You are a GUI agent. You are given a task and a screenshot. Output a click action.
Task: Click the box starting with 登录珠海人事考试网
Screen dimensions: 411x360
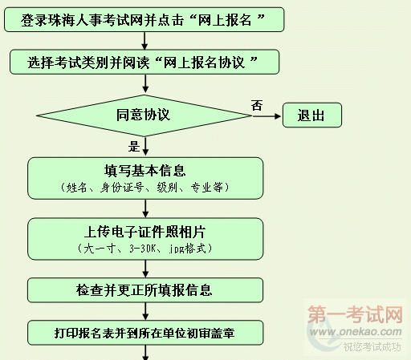[x=144, y=20]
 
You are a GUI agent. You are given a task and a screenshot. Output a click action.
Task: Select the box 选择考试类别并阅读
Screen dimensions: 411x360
[x=144, y=62]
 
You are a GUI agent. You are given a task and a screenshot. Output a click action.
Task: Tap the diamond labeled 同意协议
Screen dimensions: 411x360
[x=144, y=115]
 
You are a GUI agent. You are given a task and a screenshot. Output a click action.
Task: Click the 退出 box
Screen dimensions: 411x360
[x=312, y=115]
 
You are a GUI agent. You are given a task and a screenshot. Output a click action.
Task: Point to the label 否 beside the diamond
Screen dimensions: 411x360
[x=257, y=105]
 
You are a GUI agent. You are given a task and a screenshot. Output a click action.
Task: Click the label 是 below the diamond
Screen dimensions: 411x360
[x=134, y=147]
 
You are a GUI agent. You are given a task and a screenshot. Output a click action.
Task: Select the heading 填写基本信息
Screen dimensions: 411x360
[x=144, y=171]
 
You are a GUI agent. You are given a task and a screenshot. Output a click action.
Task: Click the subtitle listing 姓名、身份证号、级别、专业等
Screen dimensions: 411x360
[x=144, y=188]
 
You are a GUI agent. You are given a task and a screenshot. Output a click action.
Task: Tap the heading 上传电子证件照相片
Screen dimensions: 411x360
[x=144, y=232]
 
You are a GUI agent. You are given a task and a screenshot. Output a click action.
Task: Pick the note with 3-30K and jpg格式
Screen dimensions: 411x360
[x=144, y=249]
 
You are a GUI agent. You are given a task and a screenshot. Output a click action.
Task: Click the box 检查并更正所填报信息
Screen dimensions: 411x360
[x=145, y=290]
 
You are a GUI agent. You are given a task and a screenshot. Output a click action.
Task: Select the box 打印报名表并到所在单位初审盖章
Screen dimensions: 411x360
[x=145, y=333]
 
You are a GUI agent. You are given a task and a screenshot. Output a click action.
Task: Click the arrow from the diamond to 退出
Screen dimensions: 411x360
[x=267, y=116]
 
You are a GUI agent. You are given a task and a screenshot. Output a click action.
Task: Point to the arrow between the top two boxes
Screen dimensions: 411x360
[x=144, y=41]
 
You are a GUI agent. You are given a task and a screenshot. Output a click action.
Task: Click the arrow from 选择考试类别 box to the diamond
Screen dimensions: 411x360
[x=145, y=83]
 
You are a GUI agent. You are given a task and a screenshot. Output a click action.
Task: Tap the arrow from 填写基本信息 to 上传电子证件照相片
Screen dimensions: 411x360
[x=145, y=208]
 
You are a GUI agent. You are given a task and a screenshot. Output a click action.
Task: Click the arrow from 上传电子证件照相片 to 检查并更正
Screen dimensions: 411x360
[x=145, y=269]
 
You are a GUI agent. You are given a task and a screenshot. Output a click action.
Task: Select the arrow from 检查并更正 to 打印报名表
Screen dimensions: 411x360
[x=145, y=311]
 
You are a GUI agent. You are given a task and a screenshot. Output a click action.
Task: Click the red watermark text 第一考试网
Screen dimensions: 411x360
[x=355, y=314]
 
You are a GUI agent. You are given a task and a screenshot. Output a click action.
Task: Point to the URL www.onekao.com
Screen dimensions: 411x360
[x=356, y=332]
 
